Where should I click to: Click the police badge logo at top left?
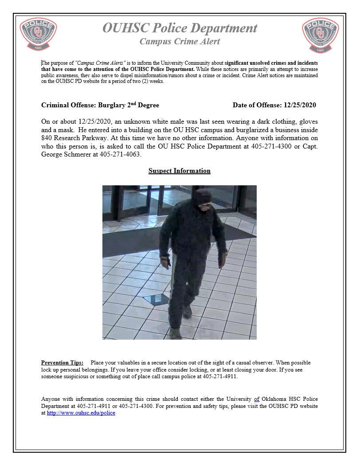tap(39, 35)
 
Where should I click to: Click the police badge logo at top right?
tap(321, 35)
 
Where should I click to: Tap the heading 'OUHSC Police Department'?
tap(180, 28)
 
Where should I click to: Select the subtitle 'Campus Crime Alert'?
tap(180, 42)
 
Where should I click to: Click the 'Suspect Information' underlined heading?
tap(180, 171)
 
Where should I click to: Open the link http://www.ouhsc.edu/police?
tap(81, 413)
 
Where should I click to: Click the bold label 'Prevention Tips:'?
tap(62, 363)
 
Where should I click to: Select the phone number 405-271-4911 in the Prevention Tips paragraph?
tap(220, 376)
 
